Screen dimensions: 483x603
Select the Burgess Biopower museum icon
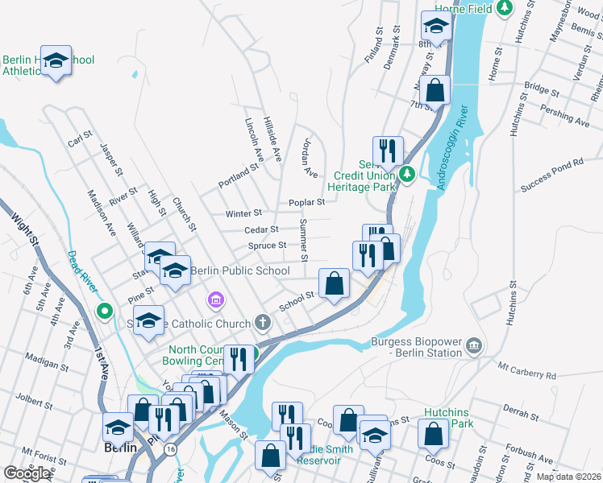(x=474, y=345)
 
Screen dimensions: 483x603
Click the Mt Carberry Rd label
(x=526, y=372)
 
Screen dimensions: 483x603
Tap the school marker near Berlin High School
(x=56, y=61)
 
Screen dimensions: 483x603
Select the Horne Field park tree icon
(x=505, y=7)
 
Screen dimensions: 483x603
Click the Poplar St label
(x=307, y=202)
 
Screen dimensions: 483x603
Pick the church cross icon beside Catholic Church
(x=261, y=324)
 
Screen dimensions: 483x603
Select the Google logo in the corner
(x=27, y=473)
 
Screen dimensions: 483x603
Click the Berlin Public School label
(x=239, y=270)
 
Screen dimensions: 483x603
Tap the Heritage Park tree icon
(x=408, y=172)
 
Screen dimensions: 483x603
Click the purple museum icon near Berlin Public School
(x=214, y=301)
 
